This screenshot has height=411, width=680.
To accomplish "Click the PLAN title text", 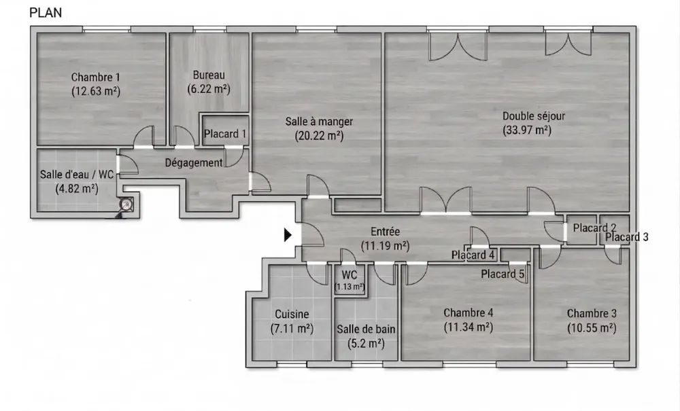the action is [x=46, y=13].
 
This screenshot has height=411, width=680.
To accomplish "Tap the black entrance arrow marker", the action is [x=288, y=235].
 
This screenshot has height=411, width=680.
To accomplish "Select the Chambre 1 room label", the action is [x=95, y=77].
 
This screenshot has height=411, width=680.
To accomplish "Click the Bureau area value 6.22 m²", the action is [x=209, y=89].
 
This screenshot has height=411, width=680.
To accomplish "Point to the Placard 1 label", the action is [x=225, y=135].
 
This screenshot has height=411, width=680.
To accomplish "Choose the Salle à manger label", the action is [x=319, y=122].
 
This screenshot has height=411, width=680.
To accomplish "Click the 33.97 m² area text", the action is [x=527, y=130].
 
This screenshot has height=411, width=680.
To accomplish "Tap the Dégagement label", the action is [x=194, y=163].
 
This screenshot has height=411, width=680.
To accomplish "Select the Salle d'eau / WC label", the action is [x=77, y=175].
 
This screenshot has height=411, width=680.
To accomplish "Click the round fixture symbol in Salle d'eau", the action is [x=126, y=205].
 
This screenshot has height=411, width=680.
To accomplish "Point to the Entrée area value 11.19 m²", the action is [x=385, y=246].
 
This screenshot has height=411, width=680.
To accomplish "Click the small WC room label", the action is [x=349, y=275].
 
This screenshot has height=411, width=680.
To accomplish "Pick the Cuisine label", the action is [x=292, y=314].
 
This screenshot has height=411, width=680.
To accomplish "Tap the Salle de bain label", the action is [x=366, y=329].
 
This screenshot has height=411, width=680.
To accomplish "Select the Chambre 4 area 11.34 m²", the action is [x=469, y=327].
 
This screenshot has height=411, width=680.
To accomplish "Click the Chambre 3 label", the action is [x=592, y=313].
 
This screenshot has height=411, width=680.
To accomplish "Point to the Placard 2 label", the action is [x=594, y=228].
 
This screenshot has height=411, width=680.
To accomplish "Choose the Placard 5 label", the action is [x=503, y=274].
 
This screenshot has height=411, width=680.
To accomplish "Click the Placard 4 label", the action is [x=473, y=255].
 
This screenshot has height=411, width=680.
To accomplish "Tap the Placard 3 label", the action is [x=627, y=237].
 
